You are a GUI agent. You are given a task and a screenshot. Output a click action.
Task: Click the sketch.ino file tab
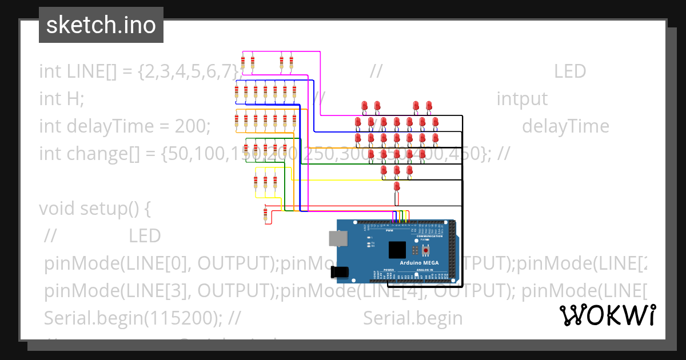pyautogui.click(x=101, y=25)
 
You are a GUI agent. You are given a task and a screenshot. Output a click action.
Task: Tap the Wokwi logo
pyautogui.click(x=607, y=315)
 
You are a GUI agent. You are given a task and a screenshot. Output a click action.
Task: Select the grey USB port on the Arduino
pyautogui.click(x=337, y=239)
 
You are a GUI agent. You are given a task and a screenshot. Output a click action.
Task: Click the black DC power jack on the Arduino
pyautogui.click(x=340, y=273)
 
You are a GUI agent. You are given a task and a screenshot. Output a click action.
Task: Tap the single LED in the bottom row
pyautogui.click(x=397, y=187)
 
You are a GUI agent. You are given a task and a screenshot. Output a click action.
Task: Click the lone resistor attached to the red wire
pyautogui.click(x=265, y=214)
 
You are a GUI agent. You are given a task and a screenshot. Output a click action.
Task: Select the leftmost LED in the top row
pyautogui.click(x=365, y=106)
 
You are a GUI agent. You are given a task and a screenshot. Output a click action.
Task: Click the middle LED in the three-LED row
pyautogui.click(x=397, y=170)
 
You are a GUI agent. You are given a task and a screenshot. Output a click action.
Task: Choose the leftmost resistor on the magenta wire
pyautogui.click(x=243, y=63)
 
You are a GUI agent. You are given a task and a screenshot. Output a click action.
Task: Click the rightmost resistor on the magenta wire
pyautogui.click(x=291, y=63)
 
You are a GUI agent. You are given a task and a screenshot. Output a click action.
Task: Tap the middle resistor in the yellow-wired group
pyautogui.click(x=265, y=182)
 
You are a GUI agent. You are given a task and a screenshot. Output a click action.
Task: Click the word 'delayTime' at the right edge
pyautogui.click(x=565, y=126)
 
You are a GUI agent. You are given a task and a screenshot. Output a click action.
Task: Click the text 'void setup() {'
pyautogui.click(x=94, y=209)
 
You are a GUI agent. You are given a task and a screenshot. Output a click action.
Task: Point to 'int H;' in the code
pyautogui.click(x=61, y=99)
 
